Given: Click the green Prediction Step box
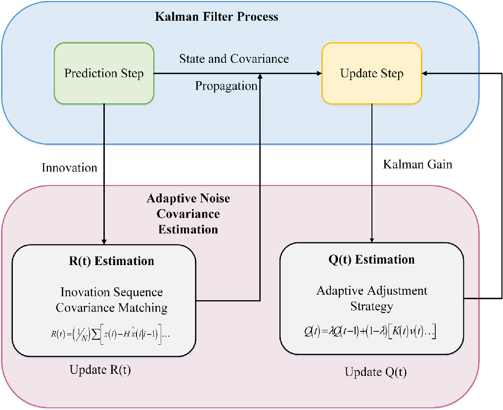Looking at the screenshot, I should [x=104, y=74].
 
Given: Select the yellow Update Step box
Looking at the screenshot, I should [x=371, y=74].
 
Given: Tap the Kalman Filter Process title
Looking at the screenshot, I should [x=217, y=17].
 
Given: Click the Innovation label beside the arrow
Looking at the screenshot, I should [x=69, y=168].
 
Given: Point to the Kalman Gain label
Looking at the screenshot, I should [x=417, y=164].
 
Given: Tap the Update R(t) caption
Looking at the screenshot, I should [x=100, y=370].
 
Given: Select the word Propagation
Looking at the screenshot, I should [x=226, y=86].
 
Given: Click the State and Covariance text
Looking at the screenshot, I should [x=234, y=59].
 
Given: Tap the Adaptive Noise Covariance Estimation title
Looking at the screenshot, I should [x=188, y=214].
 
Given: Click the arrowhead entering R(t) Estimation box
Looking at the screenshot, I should [x=104, y=241].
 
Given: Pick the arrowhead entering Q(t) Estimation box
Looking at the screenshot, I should [x=371, y=239].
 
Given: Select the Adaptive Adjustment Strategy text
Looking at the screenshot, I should [x=371, y=298].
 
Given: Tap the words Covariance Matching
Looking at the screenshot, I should [x=111, y=308].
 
